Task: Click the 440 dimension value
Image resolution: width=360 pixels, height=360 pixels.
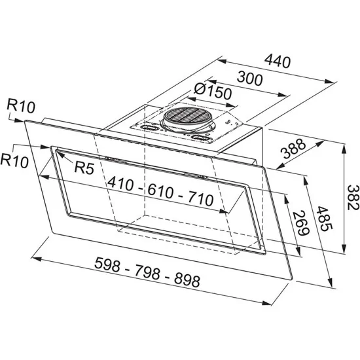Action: (x=278, y=62)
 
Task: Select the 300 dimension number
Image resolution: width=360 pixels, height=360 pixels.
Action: (x=249, y=79)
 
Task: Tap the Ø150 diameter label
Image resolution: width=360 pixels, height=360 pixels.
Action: (x=213, y=92)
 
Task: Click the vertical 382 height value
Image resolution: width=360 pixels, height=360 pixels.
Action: (x=352, y=197)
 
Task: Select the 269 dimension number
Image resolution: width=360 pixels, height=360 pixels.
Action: (x=301, y=223)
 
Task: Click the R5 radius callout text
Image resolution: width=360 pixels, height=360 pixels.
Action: (x=84, y=168)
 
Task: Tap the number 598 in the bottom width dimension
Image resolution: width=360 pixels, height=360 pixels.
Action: (x=107, y=264)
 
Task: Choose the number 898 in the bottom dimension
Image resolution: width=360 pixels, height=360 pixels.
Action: (x=187, y=280)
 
